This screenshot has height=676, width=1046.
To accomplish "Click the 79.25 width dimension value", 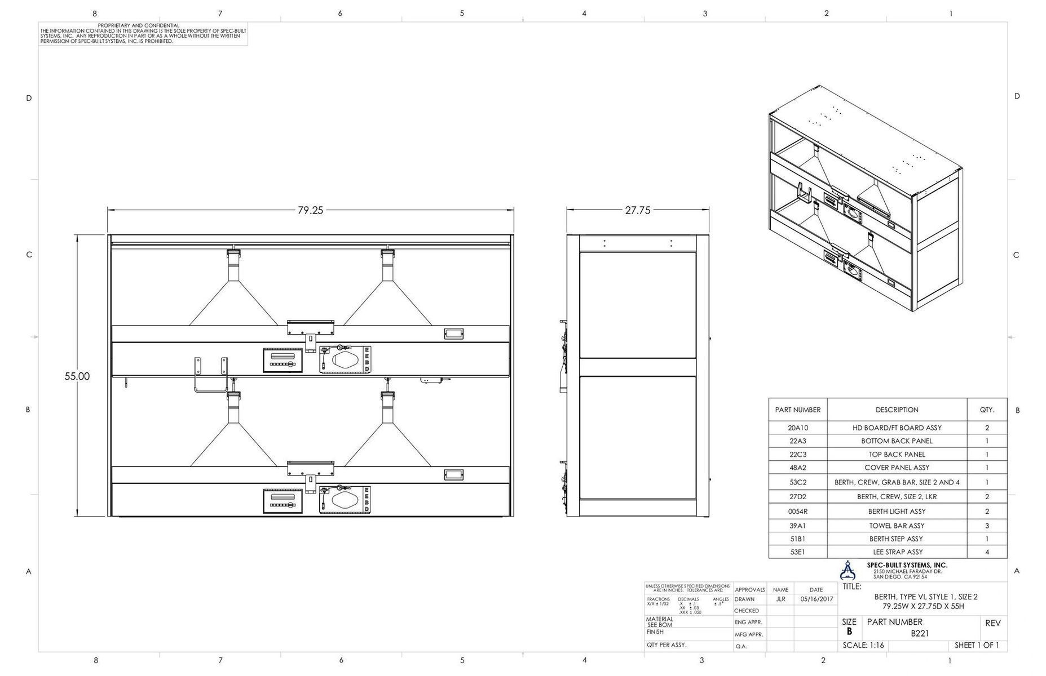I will click(x=310, y=210).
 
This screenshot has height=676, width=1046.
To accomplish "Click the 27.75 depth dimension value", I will click(x=637, y=210).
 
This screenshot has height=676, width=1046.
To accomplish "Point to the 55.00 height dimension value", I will click(x=77, y=376).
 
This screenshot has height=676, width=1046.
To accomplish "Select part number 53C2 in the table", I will click(x=797, y=482).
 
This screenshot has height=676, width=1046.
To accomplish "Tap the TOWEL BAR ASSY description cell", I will click(x=897, y=526).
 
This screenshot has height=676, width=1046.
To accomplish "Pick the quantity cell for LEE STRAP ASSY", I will click(x=987, y=552).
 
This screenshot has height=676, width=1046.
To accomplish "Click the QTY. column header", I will click(x=987, y=410).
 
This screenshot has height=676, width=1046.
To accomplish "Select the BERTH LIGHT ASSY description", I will click(x=897, y=512).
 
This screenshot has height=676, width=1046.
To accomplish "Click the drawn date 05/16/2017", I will click(x=816, y=599).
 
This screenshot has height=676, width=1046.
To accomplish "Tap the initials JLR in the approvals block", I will click(x=780, y=599).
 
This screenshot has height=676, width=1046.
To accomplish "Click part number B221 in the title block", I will click(x=920, y=633).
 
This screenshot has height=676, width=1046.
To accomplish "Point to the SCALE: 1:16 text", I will click(x=863, y=646).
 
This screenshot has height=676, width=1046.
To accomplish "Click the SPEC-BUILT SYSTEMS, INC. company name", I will click(x=907, y=565).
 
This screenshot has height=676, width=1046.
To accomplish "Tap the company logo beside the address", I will click(x=847, y=571).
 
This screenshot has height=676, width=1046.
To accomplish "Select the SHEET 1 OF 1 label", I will click(x=977, y=646).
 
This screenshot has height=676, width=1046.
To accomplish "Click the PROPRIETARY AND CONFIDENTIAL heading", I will click(x=139, y=26).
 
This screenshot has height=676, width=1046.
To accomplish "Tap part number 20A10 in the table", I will click(x=797, y=428).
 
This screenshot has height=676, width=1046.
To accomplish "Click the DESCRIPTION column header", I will click(x=897, y=410).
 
